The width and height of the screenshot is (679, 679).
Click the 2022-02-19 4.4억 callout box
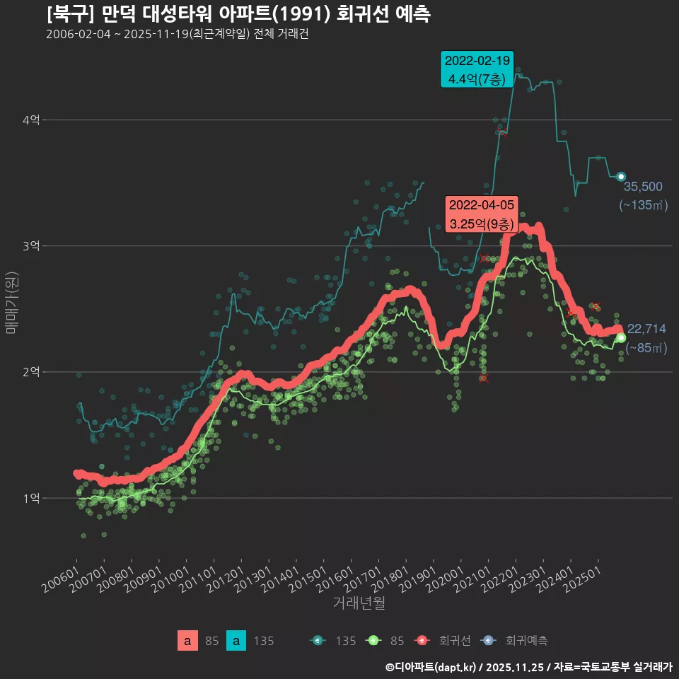477,69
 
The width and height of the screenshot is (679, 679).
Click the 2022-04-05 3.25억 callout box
482,214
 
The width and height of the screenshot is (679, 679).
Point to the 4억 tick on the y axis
30,120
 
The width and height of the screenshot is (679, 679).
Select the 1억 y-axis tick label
30,498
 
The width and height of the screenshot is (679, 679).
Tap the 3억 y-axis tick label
30,246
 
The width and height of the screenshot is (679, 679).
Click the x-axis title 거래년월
359,603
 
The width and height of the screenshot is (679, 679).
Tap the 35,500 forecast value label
643,187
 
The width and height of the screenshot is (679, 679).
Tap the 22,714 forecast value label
646,329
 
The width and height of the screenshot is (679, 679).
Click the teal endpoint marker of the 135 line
621,176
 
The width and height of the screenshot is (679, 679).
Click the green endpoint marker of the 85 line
621,337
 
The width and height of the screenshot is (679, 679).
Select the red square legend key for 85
187,641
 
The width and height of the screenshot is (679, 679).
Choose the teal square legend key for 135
236,641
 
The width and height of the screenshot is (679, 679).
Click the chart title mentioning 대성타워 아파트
238,14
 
